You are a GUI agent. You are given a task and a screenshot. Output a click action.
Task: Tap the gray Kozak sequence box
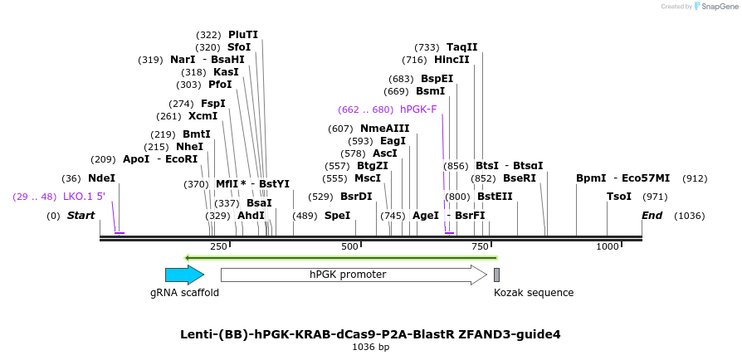coord(496,275)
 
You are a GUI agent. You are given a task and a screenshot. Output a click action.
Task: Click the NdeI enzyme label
coord(102,178)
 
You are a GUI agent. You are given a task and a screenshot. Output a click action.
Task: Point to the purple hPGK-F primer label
coord(418,109)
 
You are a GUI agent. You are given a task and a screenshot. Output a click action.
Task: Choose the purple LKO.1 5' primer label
coord(84,197)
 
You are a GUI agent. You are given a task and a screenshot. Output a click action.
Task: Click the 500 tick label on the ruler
coord(349,246)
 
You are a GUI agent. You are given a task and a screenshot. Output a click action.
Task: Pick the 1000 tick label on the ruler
coord(608,246)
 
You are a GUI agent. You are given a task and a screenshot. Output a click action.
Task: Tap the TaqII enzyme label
coord(462,47)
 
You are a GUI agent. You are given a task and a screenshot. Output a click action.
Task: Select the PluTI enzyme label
coord(243,35)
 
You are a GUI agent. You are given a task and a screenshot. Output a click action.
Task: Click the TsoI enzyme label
coord(619,197)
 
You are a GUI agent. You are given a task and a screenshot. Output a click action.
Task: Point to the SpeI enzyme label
coord(337,216)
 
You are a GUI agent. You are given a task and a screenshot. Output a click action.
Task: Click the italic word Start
coord(81,216)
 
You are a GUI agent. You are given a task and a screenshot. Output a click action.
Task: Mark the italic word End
coord(652,216)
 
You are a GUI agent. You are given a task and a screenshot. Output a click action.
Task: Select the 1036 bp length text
coord(371,348)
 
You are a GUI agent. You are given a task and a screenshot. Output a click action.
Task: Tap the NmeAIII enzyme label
coord(385,129)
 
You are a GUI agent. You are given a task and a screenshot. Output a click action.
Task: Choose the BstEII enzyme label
coord(495,197)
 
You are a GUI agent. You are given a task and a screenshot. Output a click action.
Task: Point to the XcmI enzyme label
coord(203,116)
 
